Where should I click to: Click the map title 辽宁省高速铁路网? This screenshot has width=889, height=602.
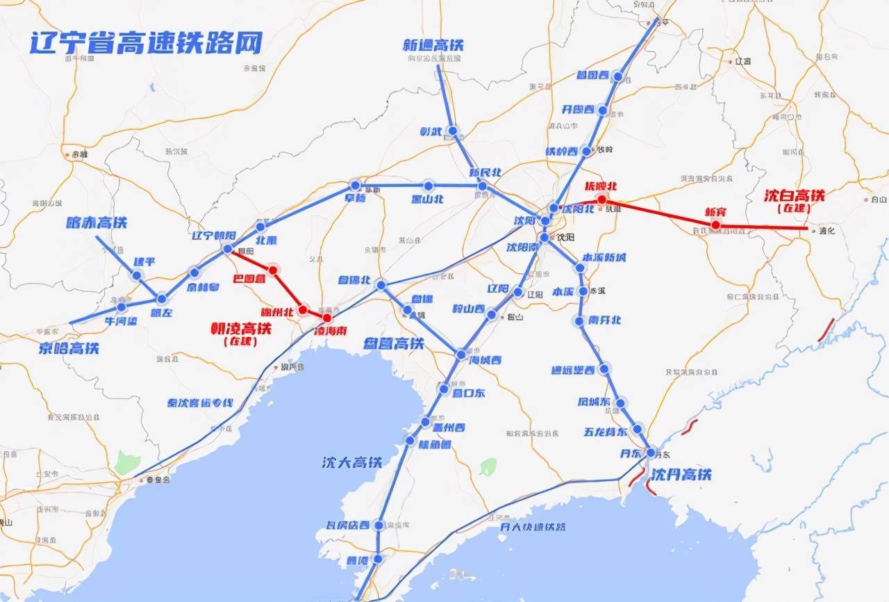click(x=146, y=42)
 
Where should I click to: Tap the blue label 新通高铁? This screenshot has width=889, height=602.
click(x=433, y=45)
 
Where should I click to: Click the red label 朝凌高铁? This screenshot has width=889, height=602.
click(x=241, y=328)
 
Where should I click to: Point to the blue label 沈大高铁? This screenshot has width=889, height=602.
click(x=352, y=462)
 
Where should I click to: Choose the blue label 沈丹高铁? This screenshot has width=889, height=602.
click(x=681, y=475)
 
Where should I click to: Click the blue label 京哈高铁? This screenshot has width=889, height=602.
click(x=68, y=348)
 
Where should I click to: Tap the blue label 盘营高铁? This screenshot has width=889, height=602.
click(x=394, y=343)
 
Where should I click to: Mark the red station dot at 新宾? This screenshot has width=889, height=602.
click(x=715, y=225)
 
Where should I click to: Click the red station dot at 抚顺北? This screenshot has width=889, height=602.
click(x=601, y=199)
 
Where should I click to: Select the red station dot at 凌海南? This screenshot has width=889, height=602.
click(x=327, y=318)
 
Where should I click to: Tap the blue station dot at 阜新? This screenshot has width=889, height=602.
click(x=356, y=186)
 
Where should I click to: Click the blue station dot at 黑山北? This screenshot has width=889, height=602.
click(x=428, y=186)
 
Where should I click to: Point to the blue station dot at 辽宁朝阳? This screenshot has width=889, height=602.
click(x=227, y=248)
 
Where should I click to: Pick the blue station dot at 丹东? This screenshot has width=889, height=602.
click(x=650, y=453)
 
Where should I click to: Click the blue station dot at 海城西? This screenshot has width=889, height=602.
click(x=462, y=355)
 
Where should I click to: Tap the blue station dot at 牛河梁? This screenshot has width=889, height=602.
click(x=122, y=307)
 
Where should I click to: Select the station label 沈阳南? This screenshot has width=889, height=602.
click(x=522, y=247)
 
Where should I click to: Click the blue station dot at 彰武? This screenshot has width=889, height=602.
click(x=452, y=131)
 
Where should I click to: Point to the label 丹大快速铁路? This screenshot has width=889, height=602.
click(x=533, y=526)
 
